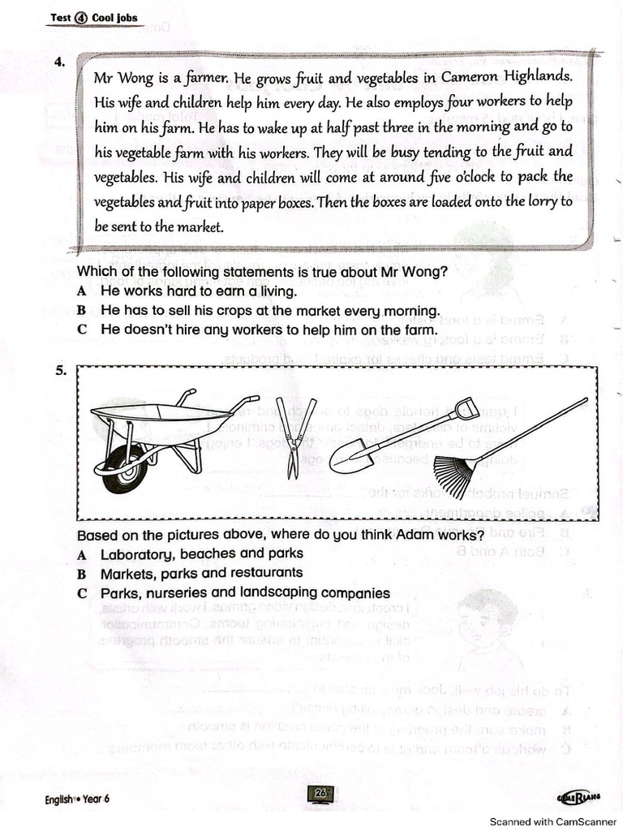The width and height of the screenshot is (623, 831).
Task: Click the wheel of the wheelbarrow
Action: pyautogui.click(x=125, y=469)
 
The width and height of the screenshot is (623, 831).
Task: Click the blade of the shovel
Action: pyautogui.click(x=350, y=458)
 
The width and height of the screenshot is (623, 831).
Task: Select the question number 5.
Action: pyautogui.click(x=61, y=372)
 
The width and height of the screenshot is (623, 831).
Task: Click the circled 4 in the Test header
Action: pyautogui.click(x=80, y=18)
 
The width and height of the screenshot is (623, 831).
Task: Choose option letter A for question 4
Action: pyautogui.click(x=81, y=291)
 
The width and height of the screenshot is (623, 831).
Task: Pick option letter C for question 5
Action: pyautogui.click(x=81, y=593)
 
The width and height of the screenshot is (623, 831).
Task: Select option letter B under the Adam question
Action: pyautogui.click(x=81, y=574)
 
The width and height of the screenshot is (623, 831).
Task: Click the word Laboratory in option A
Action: pyautogui.click(x=135, y=553)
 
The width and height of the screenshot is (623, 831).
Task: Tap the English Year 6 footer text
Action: pyautogui.click(x=76, y=799)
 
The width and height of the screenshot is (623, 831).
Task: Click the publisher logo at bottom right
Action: pyautogui.click(x=579, y=798)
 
